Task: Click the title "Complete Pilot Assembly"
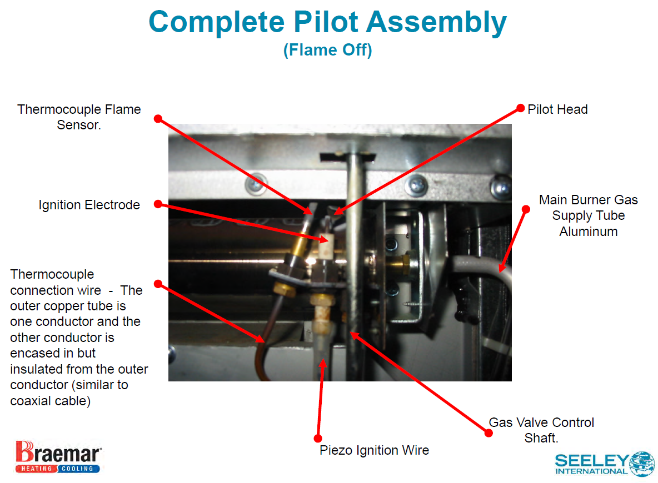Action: coord(327,22)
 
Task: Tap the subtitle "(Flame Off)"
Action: coord(327,51)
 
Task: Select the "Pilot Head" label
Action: coord(557,109)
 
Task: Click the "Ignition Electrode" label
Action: coord(89,205)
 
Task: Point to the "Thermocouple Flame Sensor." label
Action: coord(79,117)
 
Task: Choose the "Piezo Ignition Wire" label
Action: coord(374,450)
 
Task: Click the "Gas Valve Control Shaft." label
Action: coord(541,430)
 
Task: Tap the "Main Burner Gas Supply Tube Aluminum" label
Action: coord(589,215)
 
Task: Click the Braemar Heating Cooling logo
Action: coord(58,457)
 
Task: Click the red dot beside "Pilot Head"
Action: coord(521,108)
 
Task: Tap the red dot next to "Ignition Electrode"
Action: coord(158,204)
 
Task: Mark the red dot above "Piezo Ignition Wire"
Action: coord(318,437)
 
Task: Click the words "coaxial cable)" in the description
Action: coord(50,400)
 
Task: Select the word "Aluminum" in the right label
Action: coord(589,232)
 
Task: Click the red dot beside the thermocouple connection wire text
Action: coord(158,284)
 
